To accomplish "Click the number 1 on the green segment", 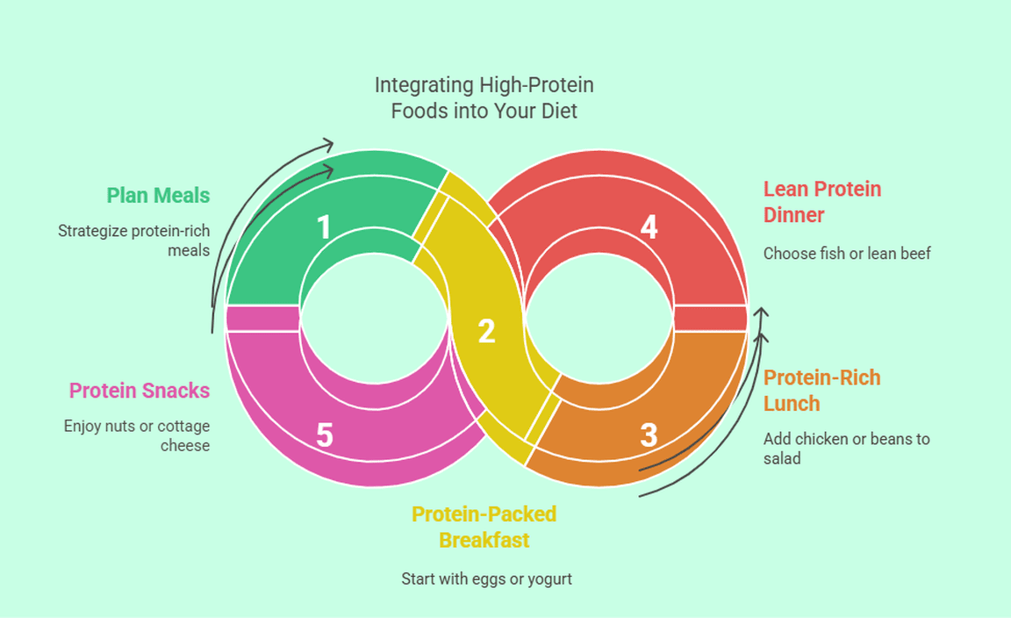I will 324,227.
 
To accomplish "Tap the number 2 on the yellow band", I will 486,331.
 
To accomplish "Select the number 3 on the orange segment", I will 649,435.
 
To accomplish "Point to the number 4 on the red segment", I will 649,227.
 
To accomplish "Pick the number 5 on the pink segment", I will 325,435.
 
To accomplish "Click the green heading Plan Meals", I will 159,195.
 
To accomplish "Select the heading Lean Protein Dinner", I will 821,202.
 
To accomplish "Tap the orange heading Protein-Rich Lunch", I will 821,391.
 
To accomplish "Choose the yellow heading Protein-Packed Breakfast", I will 484,527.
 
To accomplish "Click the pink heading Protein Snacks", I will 140,391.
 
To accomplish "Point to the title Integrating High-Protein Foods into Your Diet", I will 484,98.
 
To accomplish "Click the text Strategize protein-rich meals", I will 134,241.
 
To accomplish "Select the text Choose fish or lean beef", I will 847,254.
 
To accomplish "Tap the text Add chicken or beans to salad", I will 846,448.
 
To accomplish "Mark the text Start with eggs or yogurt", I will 486,579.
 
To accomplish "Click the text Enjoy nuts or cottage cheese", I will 137,435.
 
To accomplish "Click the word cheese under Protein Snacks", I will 185,445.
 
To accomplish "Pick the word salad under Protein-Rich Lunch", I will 782,457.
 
